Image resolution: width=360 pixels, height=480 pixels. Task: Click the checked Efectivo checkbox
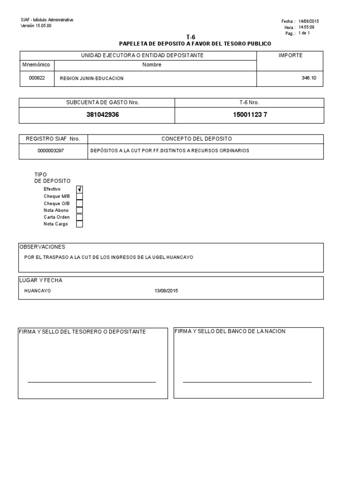(x=80, y=189)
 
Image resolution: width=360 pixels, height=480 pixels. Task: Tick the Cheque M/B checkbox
(x=80, y=196)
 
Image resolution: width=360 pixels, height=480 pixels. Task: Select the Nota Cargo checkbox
(x=80, y=224)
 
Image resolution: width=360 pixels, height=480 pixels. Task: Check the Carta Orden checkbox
(x=80, y=217)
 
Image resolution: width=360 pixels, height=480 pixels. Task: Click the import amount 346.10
(x=309, y=78)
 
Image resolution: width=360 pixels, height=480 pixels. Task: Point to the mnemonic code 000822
(x=37, y=78)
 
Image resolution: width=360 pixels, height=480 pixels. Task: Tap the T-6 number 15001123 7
(x=250, y=115)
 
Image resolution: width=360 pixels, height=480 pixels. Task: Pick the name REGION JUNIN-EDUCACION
(x=92, y=79)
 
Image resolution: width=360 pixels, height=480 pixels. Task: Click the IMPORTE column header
(x=291, y=55)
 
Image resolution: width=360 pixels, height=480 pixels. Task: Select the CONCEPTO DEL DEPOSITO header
(x=197, y=139)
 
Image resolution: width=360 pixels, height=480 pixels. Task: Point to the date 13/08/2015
(x=166, y=291)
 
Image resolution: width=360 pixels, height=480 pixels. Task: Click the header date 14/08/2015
(x=309, y=22)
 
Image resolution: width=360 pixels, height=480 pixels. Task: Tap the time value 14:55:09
(x=307, y=28)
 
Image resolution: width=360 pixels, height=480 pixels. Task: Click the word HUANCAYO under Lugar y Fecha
(x=37, y=291)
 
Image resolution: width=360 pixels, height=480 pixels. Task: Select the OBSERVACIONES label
(x=42, y=247)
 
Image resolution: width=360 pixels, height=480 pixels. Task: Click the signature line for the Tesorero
(x=91, y=382)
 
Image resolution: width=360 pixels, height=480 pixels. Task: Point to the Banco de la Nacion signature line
(x=247, y=382)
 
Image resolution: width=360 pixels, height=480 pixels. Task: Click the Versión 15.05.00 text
(x=37, y=26)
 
